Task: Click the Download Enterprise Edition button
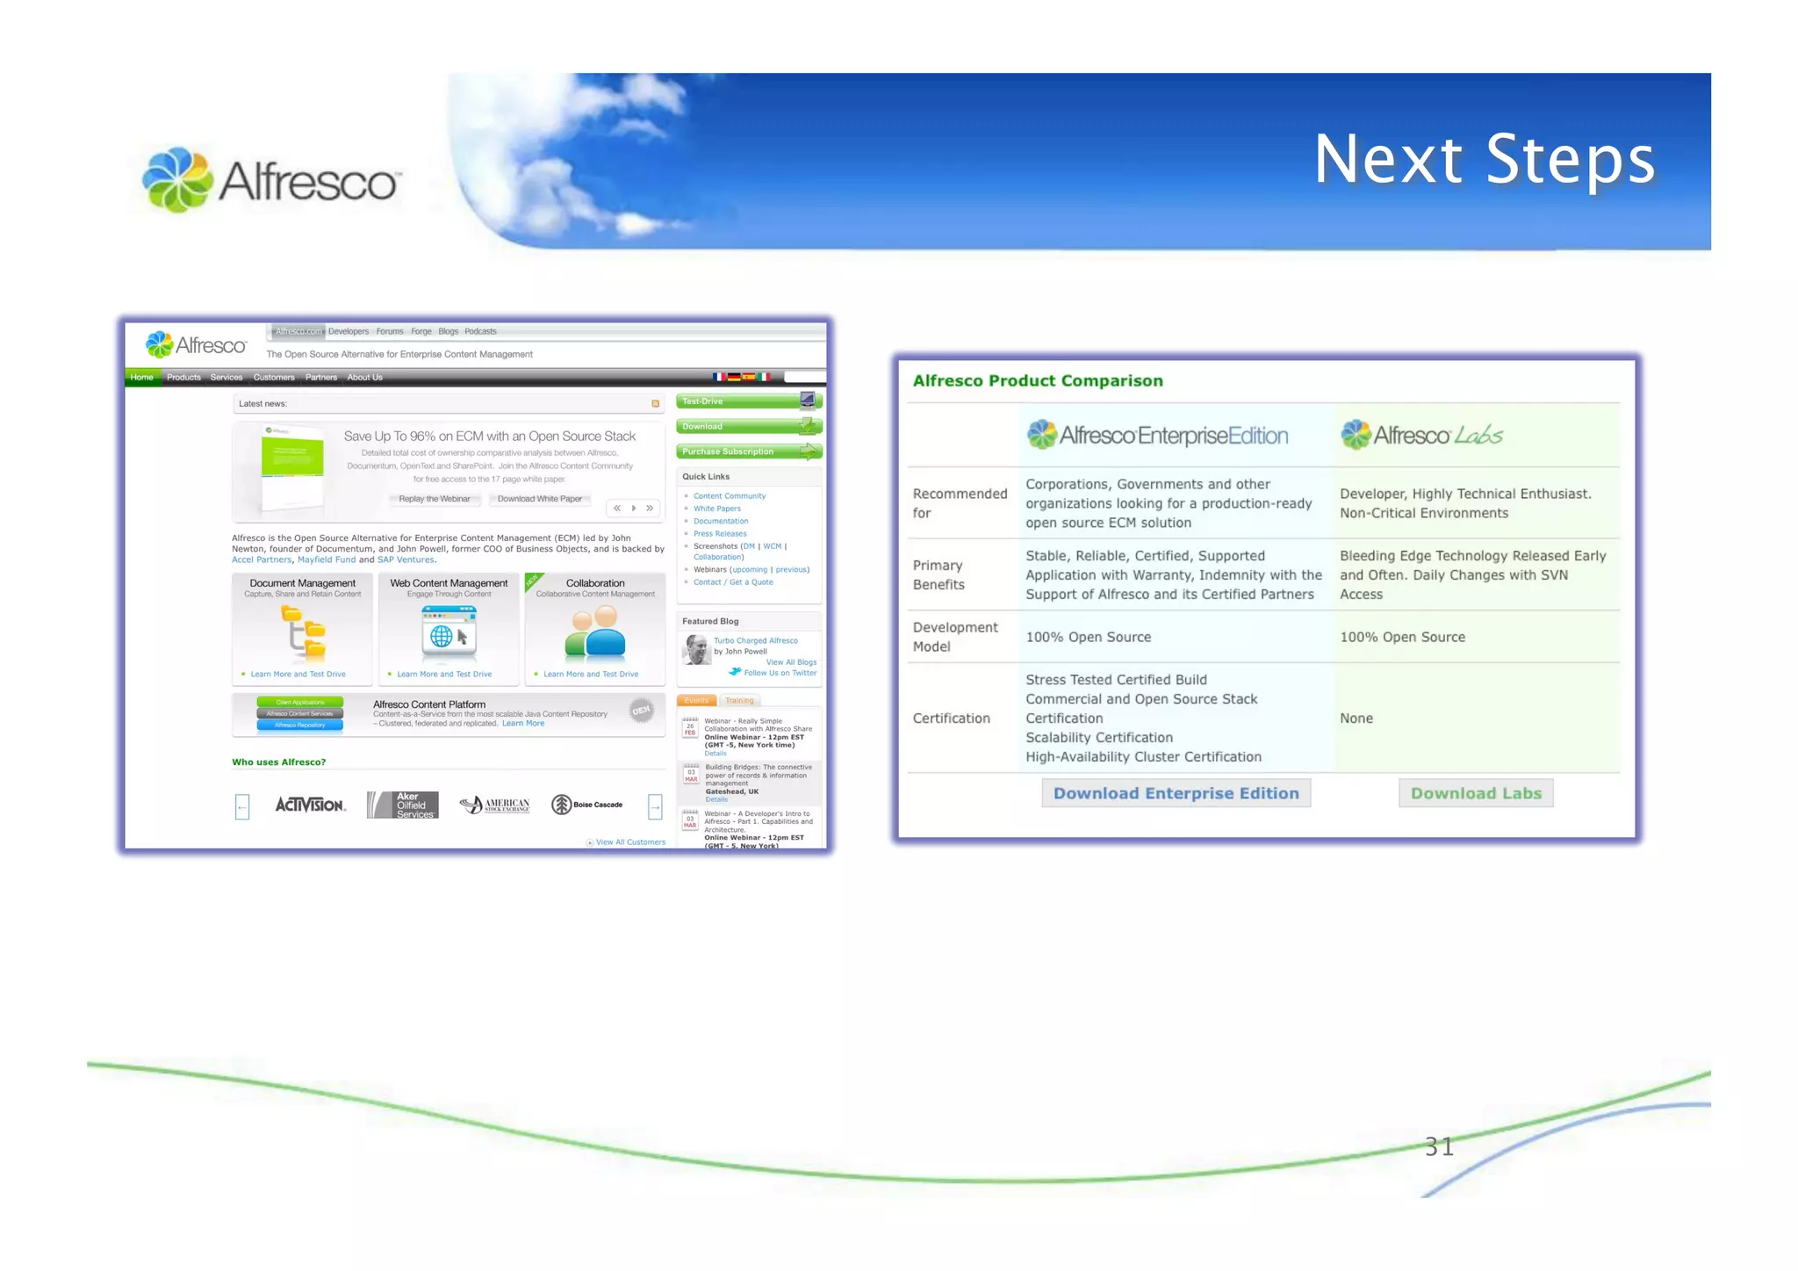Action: coord(1176,793)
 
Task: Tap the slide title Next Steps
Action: coord(1484,160)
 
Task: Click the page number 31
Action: coord(1439,1146)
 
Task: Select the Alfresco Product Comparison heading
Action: coord(1038,380)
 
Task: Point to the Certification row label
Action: coord(951,718)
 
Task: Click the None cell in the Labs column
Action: coord(1356,718)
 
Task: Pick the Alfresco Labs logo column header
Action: coord(1421,435)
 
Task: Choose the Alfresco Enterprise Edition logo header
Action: coord(1157,435)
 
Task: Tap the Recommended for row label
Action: coord(959,503)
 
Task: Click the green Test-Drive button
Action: coord(748,401)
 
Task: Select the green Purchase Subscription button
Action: coord(748,451)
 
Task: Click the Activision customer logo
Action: coord(310,805)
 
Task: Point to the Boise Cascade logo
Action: coord(586,805)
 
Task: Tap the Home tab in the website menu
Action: coord(141,378)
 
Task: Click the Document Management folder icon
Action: coord(304,632)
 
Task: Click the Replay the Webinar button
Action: coord(434,499)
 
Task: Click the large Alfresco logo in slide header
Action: coord(270,180)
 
